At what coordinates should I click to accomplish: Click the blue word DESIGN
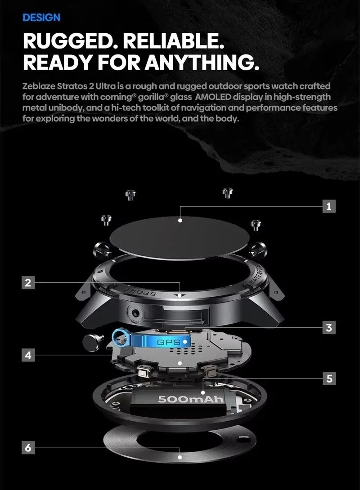(41, 18)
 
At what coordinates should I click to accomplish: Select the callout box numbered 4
(28, 355)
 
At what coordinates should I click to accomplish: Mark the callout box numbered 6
(28, 447)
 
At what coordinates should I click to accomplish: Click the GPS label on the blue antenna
(169, 343)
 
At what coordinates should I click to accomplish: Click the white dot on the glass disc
(180, 220)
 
